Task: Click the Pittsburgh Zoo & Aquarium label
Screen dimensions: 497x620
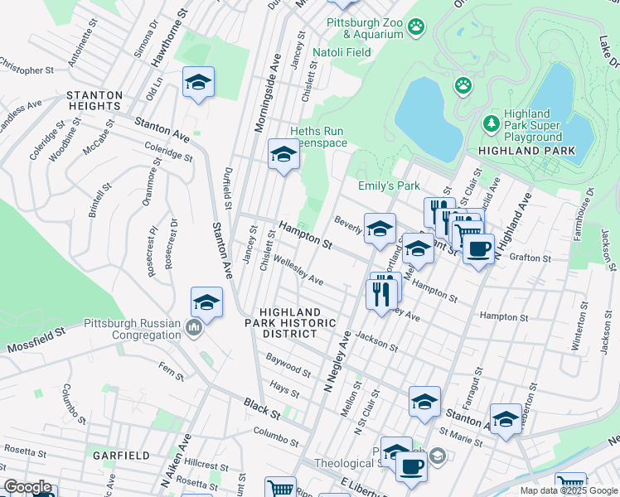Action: tap(364, 29)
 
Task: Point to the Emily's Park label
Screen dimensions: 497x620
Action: tap(389, 186)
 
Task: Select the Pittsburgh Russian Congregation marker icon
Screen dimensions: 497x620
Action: tap(194, 329)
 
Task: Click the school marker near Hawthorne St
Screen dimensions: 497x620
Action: tap(198, 82)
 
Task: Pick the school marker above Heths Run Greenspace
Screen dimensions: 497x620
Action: tap(283, 154)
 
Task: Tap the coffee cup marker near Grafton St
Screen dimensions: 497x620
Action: tap(478, 248)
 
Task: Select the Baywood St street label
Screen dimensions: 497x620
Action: tap(288, 364)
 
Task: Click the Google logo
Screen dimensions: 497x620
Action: tap(28, 487)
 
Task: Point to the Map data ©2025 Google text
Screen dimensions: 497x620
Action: tap(569, 490)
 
